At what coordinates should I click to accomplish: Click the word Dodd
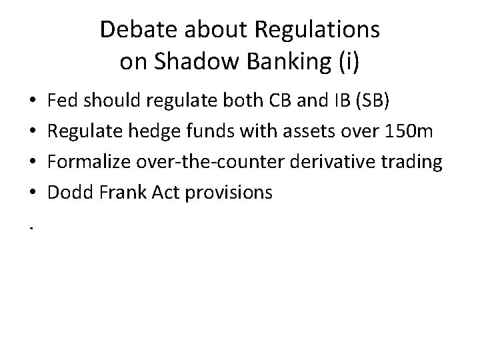[69, 192]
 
